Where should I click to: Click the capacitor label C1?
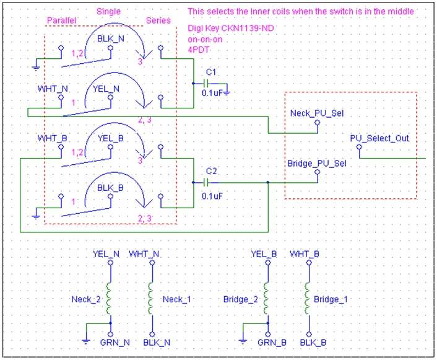[x=211, y=72]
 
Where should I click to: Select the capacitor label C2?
[x=211, y=171]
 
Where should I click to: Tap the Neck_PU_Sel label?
[x=317, y=113]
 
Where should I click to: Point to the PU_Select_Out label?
[x=379, y=138]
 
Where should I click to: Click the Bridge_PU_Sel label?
[x=317, y=163]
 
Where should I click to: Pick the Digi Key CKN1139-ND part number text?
[x=231, y=28]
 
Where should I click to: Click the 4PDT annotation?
[x=199, y=50]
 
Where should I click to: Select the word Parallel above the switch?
[x=61, y=20]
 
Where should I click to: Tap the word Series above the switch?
[x=158, y=20]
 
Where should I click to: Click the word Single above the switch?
[x=108, y=12]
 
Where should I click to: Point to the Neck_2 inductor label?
[x=86, y=299]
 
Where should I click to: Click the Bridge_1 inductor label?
[x=331, y=299]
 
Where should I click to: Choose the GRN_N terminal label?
[x=115, y=343]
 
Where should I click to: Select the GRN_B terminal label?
[x=272, y=343]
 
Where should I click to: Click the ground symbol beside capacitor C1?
[x=227, y=92]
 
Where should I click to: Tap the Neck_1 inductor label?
[x=177, y=299]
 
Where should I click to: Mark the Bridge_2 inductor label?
[x=241, y=299]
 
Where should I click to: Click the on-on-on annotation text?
[x=205, y=40]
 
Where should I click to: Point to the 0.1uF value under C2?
[x=212, y=196]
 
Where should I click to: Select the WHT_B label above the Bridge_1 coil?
[x=305, y=254]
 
